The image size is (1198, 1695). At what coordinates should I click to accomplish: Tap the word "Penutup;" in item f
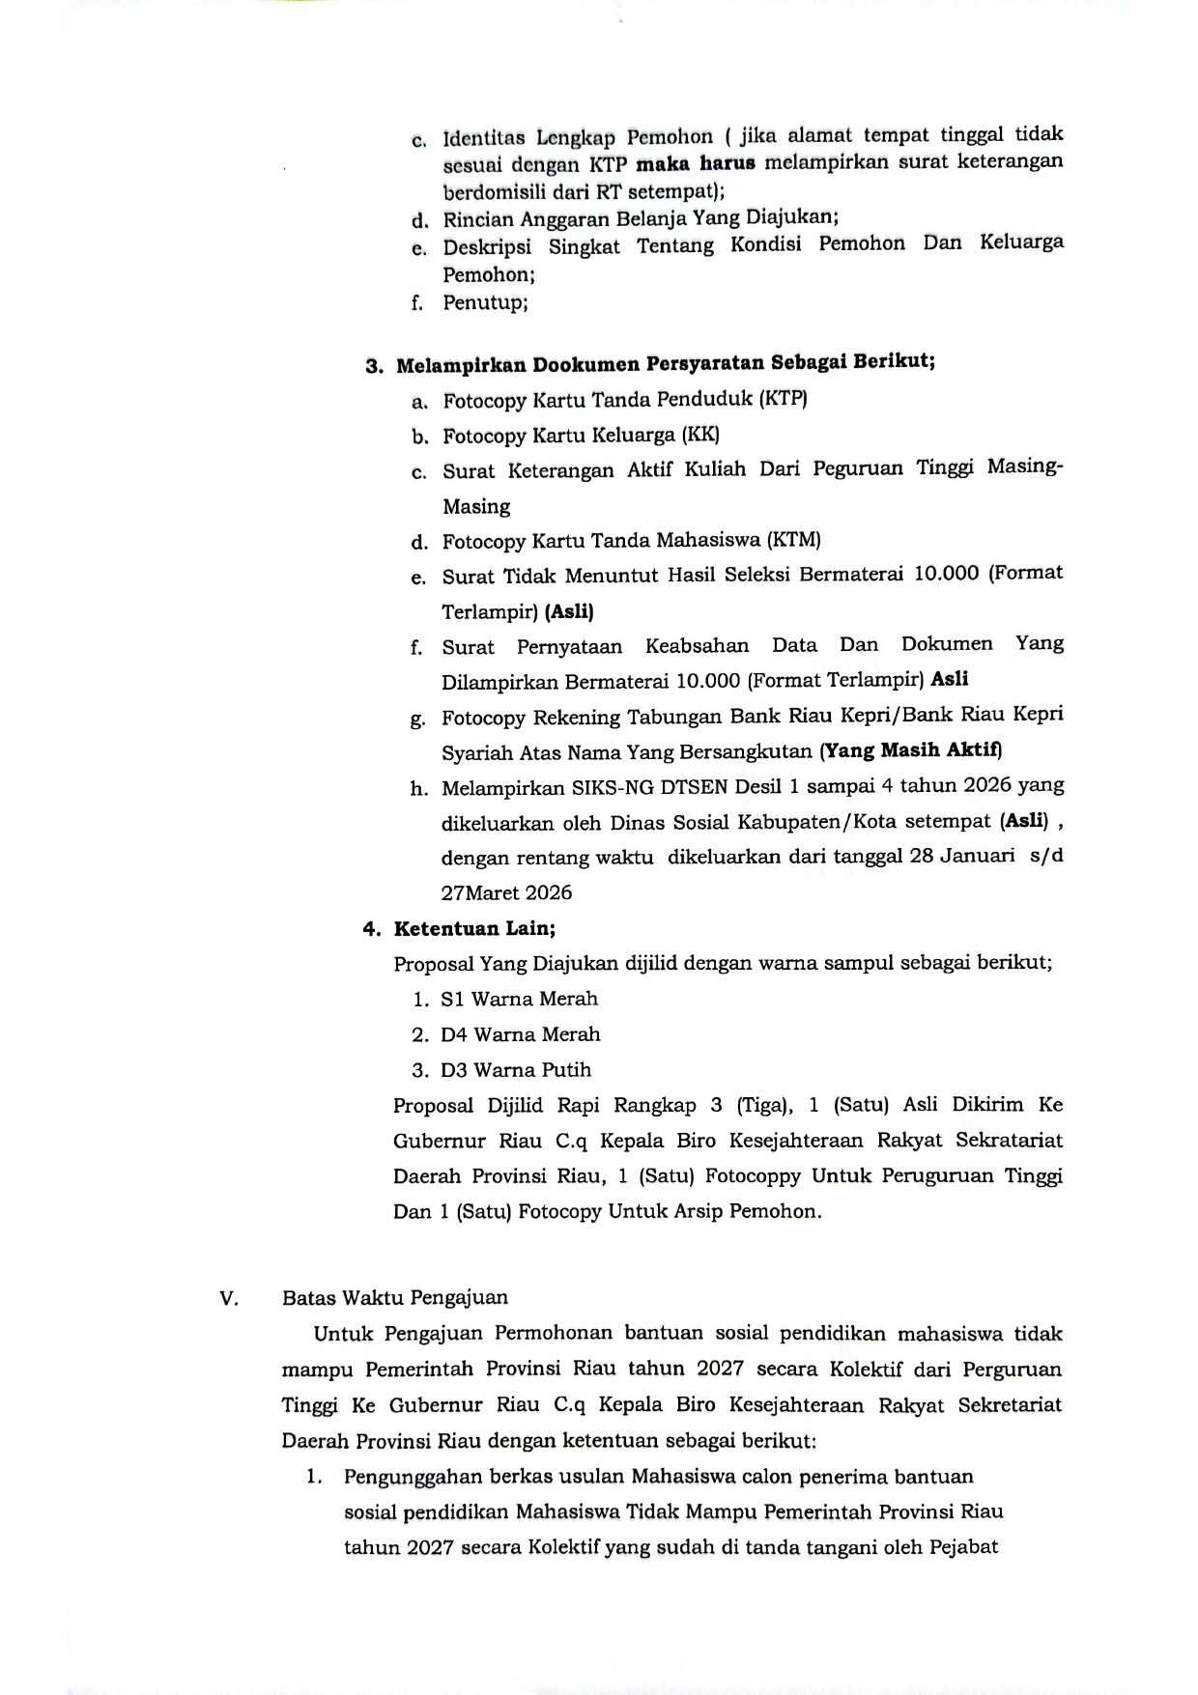[x=485, y=302]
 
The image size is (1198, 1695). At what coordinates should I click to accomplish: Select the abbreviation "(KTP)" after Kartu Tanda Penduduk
[x=783, y=398]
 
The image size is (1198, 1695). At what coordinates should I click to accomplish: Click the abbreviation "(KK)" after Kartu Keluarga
[x=700, y=435]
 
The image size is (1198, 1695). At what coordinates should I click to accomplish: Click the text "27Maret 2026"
[x=506, y=892]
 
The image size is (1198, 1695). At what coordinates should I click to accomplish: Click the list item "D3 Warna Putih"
[x=516, y=1069]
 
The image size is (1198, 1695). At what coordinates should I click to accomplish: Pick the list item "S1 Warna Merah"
[x=519, y=999]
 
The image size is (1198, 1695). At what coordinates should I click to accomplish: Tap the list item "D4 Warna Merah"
[x=520, y=1034]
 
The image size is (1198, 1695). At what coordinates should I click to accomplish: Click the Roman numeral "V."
[x=229, y=1298]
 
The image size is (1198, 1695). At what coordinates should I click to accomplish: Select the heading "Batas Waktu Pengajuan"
[x=395, y=1297]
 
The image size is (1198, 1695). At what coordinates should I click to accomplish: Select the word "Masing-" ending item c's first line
[x=1024, y=467]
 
